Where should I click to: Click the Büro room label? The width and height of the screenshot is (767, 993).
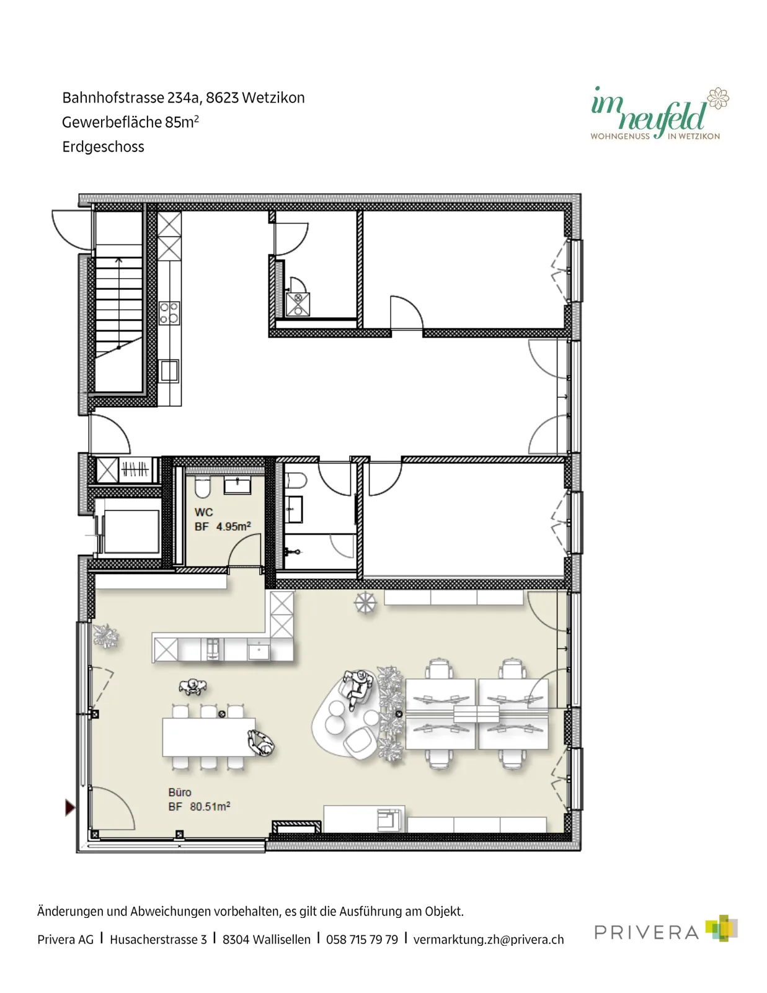point(180,792)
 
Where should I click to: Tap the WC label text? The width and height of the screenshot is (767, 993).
point(203,512)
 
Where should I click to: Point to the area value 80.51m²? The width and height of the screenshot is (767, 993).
point(210,806)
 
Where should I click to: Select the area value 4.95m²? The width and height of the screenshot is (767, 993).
point(234,526)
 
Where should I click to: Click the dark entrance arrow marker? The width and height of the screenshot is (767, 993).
point(70,807)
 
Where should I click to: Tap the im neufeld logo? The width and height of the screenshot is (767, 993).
point(659,112)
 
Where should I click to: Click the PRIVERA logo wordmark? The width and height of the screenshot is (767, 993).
point(647,932)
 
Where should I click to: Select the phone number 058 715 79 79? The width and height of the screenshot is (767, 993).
point(361,940)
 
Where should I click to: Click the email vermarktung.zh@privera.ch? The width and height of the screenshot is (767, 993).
point(489,940)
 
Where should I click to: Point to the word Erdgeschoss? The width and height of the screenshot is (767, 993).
point(103,146)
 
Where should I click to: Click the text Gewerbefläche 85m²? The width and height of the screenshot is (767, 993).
point(131,122)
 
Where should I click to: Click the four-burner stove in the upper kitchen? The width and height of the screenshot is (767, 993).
point(169,313)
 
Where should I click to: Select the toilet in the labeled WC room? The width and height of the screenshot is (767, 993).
point(202,487)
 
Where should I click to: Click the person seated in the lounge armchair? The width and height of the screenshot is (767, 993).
point(357,687)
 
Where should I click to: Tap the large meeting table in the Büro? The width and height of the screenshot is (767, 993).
point(208,737)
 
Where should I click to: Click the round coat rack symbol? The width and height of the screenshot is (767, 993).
point(365,602)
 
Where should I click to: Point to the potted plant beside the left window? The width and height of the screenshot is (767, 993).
point(106,636)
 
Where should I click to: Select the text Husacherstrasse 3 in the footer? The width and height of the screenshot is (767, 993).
point(158,940)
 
